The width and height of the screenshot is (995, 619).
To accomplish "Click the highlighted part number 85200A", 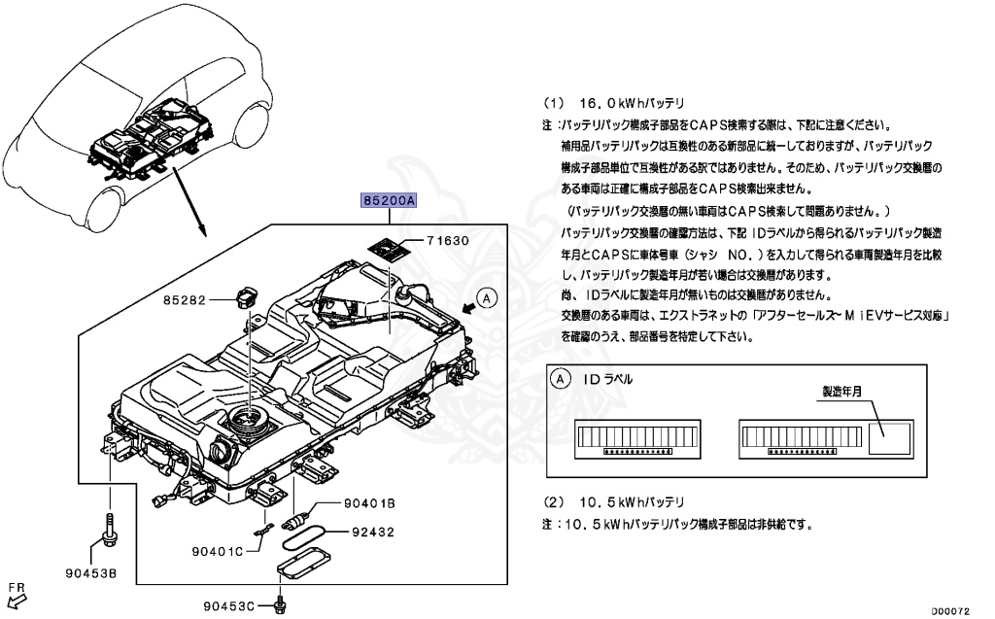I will point(389,201).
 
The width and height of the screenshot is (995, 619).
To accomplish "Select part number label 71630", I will point(449,241).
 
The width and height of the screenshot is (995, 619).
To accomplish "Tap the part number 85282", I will point(185,301).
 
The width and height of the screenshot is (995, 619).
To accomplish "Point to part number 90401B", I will point(368,503).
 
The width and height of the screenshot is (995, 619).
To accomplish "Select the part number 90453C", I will point(228,606).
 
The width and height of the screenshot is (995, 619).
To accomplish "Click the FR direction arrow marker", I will point(17,595).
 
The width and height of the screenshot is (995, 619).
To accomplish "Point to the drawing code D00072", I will point(953,610).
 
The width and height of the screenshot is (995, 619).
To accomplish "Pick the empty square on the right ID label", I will point(889,438).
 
